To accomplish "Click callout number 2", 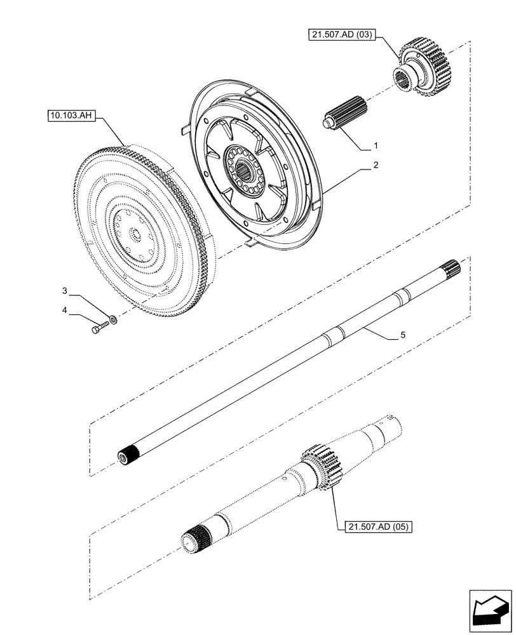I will [x=376, y=165].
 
